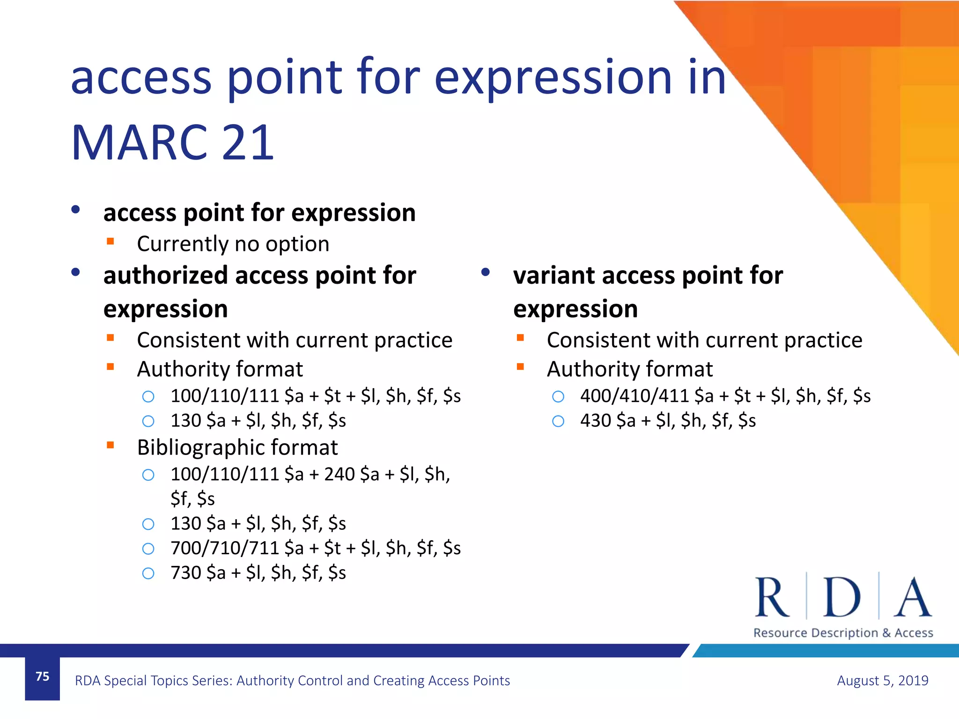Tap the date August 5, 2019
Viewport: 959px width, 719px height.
(x=882, y=680)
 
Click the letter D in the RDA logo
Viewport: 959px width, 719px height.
(x=842, y=598)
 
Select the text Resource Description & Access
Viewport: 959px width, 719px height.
(x=843, y=633)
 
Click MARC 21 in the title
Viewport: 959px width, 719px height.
(x=172, y=143)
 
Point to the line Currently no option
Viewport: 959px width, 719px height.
(x=233, y=244)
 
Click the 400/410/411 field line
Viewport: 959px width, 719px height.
(x=725, y=396)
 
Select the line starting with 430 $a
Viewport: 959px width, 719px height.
(x=668, y=420)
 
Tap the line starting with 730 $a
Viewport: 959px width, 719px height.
(x=258, y=572)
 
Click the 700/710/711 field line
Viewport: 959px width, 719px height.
(x=315, y=548)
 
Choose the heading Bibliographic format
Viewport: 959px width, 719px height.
(x=237, y=448)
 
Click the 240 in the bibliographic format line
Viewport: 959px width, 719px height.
(x=339, y=474)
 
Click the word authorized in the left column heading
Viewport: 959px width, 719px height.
(x=165, y=275)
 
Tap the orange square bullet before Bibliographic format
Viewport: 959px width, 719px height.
(x=111, y=445)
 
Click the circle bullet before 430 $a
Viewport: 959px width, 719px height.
(x=558, y=421)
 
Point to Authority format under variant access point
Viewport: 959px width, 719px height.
(x=629, y=369)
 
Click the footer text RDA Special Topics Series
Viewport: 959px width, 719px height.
(x=292, y=680)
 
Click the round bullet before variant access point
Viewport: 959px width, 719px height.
(x=485, y=272)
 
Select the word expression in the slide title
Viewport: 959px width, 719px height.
(x=553, y=77)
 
